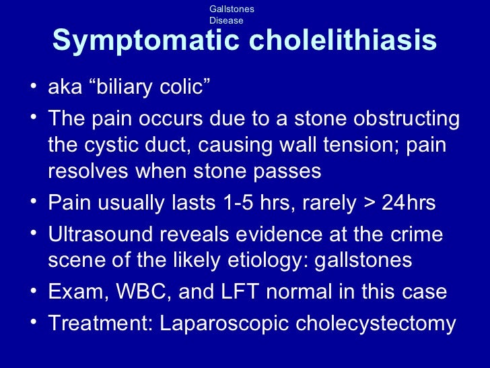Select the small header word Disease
pyautogui.click(x=226, y=20)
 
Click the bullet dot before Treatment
pyautogui.click(x=34, y=324)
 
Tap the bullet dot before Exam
pyautogui.click(x=34, y=292)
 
